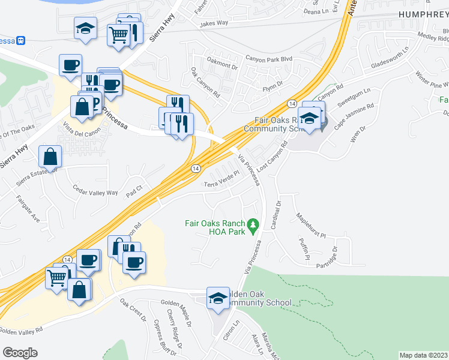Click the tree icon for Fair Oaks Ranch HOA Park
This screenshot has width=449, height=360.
(x=253, y=226)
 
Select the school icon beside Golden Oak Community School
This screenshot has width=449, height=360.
(x=218, y=297)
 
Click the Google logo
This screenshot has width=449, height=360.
(x=20, y=353)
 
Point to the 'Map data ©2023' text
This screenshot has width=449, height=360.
(x=423, y=355)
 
